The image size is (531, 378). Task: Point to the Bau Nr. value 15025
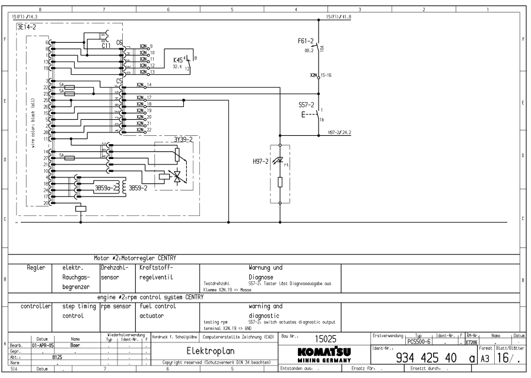tap(325, 339)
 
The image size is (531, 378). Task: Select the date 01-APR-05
tap(43, 344)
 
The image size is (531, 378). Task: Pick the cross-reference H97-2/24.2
tap(339, 133)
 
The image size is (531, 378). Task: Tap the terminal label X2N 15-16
tap(320, 77)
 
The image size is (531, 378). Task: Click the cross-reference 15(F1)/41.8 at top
tap(339, 18)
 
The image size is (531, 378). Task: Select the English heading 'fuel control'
tap(157, 307)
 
